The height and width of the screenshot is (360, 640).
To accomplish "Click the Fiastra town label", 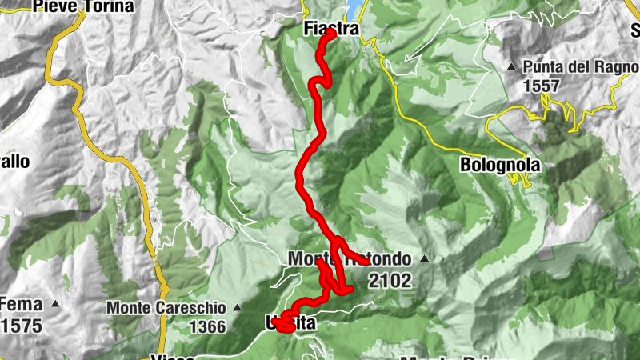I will [x=329, y=29].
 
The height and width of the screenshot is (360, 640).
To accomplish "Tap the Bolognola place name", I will [x=501, y=165].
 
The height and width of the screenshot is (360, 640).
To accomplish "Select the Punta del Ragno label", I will [x=581, y=66].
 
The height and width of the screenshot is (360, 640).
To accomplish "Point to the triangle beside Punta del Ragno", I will [x=511, y=66].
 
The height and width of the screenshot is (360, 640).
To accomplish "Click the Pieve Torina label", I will [x=83, y=6].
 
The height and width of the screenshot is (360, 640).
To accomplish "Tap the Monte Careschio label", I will [x=166, y=307].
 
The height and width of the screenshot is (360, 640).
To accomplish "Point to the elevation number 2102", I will [x=390, y=280].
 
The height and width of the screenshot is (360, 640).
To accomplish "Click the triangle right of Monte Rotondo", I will [x=424, y=260].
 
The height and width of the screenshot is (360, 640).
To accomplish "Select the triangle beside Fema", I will [x=55, y=305].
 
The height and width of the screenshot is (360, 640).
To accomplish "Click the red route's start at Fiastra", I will [x=331, y=34].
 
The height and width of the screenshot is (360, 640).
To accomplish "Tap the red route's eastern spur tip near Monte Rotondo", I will [x=366, y=262].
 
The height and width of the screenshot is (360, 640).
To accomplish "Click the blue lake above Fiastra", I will [x=353, y=9].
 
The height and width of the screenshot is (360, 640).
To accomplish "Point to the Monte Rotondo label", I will [x=350, y=259].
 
